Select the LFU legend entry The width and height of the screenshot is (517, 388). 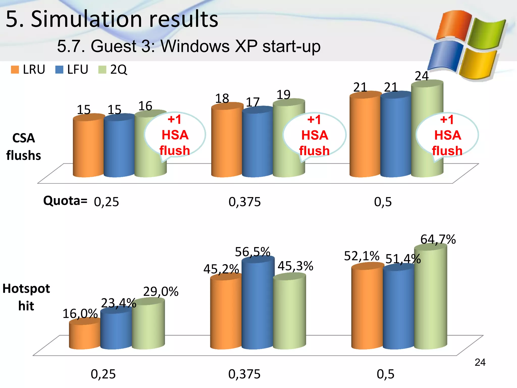point(72,69)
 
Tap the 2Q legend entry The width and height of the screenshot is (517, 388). point(113,69)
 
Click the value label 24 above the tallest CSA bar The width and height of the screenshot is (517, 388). point(422,76)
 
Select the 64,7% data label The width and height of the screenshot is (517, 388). point(438,239)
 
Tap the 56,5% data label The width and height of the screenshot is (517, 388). point(252,252)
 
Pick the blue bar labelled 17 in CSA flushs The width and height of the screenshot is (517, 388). point(257,144)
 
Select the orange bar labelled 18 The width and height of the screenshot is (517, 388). point(227,141)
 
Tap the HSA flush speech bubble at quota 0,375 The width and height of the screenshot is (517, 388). point(314,135)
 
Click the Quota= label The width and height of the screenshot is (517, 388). point(65,201)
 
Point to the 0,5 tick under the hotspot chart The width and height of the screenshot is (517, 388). point(385,374)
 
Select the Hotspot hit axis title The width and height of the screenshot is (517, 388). point(26,297)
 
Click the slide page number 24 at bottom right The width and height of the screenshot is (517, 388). point(480,362)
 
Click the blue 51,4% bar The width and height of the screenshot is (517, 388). point(398,308)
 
